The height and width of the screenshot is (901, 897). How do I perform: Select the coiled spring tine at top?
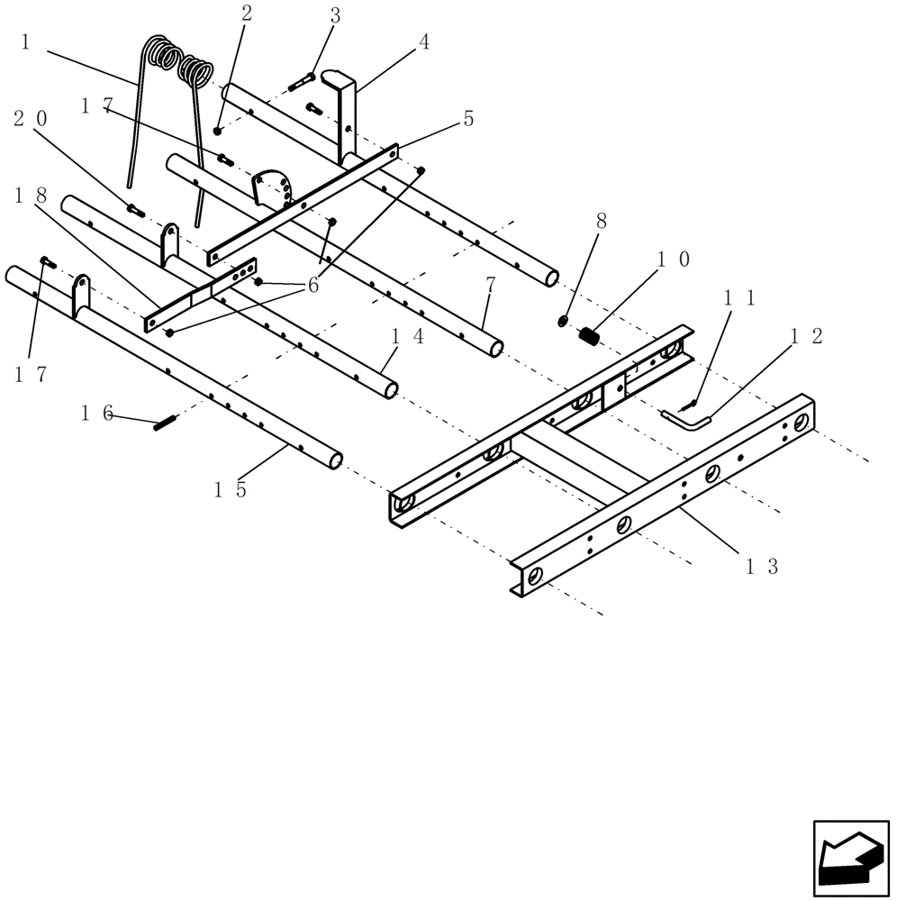[180, 68]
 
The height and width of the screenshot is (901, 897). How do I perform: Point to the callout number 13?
[761, 566]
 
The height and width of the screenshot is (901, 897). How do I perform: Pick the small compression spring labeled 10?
[589, 336]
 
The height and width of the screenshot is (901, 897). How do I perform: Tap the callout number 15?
[230, 489]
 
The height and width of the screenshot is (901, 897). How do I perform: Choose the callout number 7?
[490, 285]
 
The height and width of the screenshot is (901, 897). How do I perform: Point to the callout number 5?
[467, 119]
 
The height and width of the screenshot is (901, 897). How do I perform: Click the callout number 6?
[313, 285]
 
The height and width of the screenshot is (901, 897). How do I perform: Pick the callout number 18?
[31, 195]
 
